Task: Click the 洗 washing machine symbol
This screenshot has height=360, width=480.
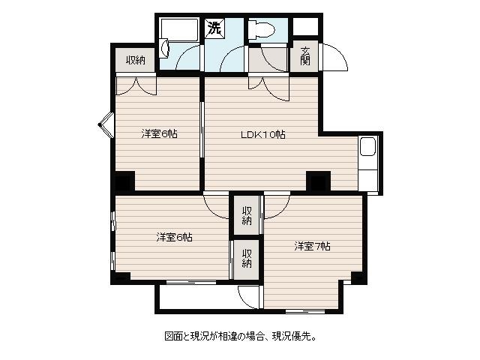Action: pos(214,28)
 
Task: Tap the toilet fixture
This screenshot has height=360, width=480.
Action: pos(262,30)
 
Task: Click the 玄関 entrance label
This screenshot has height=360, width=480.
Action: pos(305,56)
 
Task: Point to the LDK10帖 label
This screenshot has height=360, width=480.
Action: pos(263,134)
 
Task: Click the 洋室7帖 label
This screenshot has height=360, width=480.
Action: pos(312,246)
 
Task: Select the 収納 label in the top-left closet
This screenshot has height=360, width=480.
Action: pos(136,60)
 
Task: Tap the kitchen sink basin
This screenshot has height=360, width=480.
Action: pos(367,147)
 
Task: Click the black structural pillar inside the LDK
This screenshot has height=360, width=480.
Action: pos(318,181)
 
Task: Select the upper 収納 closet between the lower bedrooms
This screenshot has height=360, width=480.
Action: pos(247,215)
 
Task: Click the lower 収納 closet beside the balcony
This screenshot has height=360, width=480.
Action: pos(247,259)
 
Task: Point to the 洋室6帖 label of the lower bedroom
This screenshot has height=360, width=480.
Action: pos(175,237)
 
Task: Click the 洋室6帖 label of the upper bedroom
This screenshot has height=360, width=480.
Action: pos(160,133)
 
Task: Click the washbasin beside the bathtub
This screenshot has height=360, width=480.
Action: pos(164,48)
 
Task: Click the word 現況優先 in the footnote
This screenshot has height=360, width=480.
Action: pos(291,337)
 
